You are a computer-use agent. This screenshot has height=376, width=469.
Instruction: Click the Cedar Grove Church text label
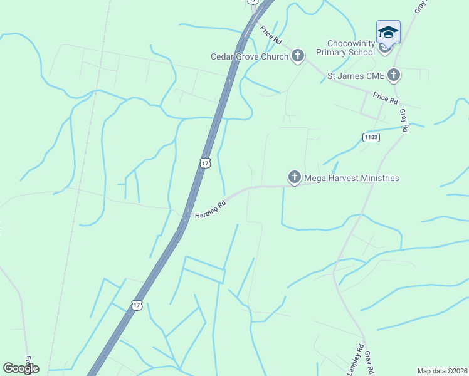pos(249,56)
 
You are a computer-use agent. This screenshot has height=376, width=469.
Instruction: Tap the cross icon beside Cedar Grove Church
pos(297,56)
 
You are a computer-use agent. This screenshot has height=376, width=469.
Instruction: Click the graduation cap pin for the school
pos(388,32)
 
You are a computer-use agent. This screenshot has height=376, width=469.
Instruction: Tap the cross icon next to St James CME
pos(394,76)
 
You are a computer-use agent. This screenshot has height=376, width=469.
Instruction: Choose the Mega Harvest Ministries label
pos(351,178)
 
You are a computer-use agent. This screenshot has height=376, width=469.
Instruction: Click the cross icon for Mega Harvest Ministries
pos(294,178)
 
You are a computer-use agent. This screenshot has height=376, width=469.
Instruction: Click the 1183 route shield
pos(371,137)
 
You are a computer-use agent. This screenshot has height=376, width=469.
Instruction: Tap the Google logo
pos(21,368)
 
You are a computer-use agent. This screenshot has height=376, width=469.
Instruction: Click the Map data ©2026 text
pos(442,370)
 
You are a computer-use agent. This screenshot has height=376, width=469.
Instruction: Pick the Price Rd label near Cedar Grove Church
pos(271,36)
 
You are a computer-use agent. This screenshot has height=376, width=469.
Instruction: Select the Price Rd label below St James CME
pos(385,98)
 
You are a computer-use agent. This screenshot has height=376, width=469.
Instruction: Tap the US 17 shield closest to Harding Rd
pos(204,162)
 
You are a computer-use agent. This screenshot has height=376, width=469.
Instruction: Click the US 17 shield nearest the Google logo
pos(137,305)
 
